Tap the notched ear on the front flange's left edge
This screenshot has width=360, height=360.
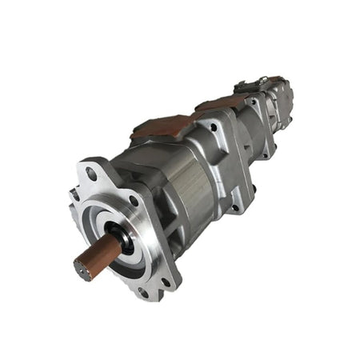[73, 194]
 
